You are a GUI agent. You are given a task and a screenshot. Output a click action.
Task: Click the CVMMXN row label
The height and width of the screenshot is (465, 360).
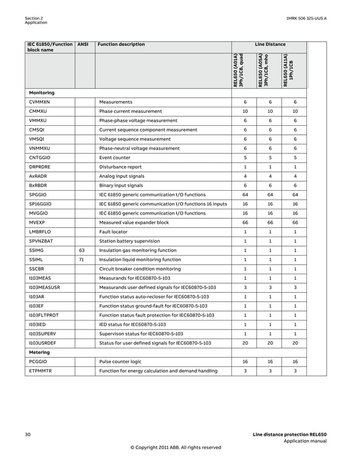pyautogui.click(x=39, y=102)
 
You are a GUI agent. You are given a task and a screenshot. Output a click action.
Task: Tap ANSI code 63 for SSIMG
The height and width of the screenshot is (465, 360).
pyautogui.click(x=82, y=251)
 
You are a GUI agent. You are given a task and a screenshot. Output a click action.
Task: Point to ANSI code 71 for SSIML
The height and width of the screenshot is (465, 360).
pyautogui.click(x=82, y=260)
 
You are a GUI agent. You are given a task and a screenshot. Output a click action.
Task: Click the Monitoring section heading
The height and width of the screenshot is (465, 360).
pyautogui.click(x=42, y=92)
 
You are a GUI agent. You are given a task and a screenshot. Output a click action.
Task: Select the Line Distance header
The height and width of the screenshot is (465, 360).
pyautogui.click(x=270, y=45)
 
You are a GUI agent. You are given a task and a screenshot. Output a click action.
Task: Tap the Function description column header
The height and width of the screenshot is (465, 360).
pyautogui.click(x=121, y=45)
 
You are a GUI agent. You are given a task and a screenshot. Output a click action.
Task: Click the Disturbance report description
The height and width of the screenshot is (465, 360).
pyautogui.click(x=121, y=167)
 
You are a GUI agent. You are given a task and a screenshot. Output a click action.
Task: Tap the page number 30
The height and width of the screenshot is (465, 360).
pyautogui.click(x=28, y=435)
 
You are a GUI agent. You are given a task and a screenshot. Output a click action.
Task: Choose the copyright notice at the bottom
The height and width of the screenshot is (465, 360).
pyautogui.click(x=176, y=448)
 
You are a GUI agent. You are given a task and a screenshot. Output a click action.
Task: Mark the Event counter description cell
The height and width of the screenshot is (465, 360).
pyautogui.click(x=117, y=157)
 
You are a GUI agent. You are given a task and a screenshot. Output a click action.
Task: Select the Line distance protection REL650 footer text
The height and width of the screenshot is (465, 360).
pyautogui.click(x=289, y=435)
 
